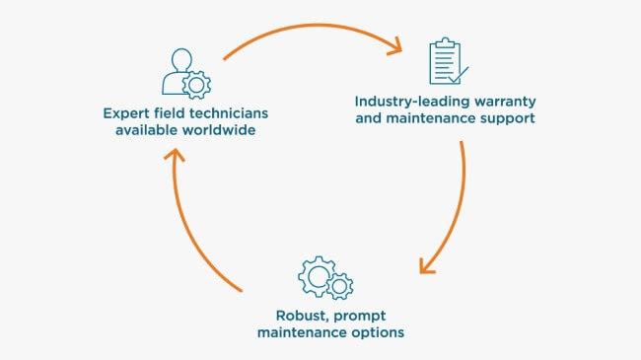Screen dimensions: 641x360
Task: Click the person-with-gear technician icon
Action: (186, 74)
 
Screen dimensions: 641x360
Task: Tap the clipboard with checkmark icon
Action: (449, 61)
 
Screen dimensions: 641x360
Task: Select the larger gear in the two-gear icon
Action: (317, 276)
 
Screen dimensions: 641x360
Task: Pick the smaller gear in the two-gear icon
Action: (339, 286)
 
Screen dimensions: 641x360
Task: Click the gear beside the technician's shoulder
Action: (196, 85)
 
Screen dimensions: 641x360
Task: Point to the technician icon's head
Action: (181, 60)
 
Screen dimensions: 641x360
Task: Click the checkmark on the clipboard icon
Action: (459, 75)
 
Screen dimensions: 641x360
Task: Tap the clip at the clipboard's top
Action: (445, 42)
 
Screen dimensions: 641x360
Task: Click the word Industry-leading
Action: (410, 102)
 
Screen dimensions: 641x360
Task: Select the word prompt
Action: (360, 317)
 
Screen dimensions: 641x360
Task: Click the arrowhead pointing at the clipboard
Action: (395, 47)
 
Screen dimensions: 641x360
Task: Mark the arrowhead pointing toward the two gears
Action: (426, 266)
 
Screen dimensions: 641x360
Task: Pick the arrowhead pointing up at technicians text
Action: (175, 155)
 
